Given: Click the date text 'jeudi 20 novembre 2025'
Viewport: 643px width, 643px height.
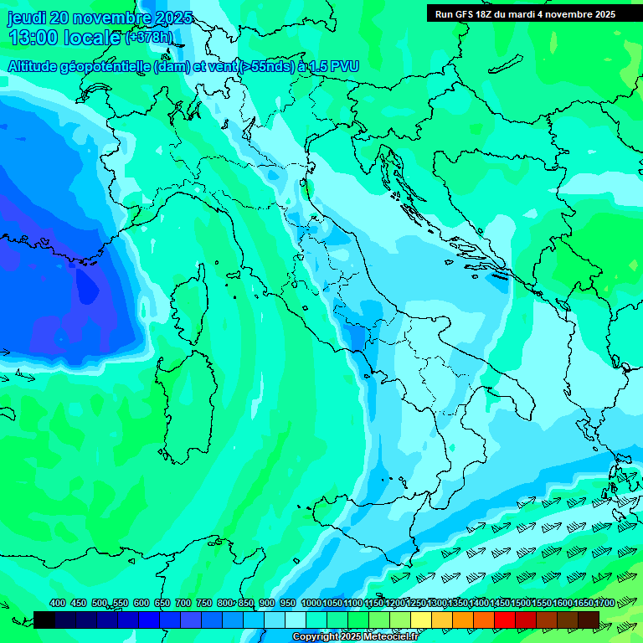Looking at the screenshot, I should click(x=100, y=18).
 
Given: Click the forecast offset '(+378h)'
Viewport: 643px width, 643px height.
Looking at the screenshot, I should click(x=149, y=37).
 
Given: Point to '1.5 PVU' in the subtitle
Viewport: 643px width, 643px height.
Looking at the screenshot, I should click(x=334, y=66).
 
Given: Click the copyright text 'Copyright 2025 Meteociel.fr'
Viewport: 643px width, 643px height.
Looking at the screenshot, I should click(x=355, y=637).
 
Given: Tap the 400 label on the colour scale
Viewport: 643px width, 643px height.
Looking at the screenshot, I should click(x=58, y=603).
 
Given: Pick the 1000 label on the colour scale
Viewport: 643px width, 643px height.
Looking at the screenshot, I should click(x=311, y=603).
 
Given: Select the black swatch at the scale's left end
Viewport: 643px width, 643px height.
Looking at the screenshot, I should click(x=44, y=620).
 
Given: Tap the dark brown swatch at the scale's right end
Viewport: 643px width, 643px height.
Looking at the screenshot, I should click(x=589, y=620).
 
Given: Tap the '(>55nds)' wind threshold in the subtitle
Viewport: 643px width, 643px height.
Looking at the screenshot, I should click(x=265, y=66).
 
